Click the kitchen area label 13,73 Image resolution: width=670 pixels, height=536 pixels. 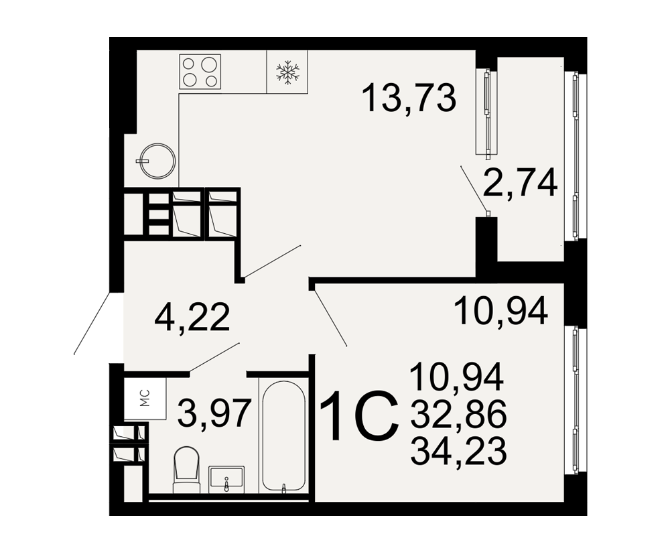(409, 98)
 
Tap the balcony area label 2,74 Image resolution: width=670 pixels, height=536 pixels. (520, 182)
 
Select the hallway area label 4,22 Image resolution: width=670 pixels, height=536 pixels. (192, 317)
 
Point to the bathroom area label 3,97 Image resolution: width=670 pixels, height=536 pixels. (213, 412)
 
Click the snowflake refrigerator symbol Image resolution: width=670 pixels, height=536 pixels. (287, 72)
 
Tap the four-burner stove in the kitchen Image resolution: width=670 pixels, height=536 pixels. (200, 72)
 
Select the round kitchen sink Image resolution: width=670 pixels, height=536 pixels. (157, 160)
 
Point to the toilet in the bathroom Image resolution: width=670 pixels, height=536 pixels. (187, 470)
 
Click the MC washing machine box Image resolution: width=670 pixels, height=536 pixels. (145, 397)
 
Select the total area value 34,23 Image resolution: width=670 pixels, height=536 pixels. (458, 450)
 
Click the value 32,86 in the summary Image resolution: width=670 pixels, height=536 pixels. (458, 414)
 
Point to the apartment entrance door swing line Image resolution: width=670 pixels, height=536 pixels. (92, 323)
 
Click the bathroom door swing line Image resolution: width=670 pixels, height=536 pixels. (214, 357)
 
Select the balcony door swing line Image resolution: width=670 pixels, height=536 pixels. (474, 188)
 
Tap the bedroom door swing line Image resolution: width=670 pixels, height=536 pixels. (330, 318)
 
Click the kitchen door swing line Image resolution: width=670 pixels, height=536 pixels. (272, 261)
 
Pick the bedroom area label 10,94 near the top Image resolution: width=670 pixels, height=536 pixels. (500, 311)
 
